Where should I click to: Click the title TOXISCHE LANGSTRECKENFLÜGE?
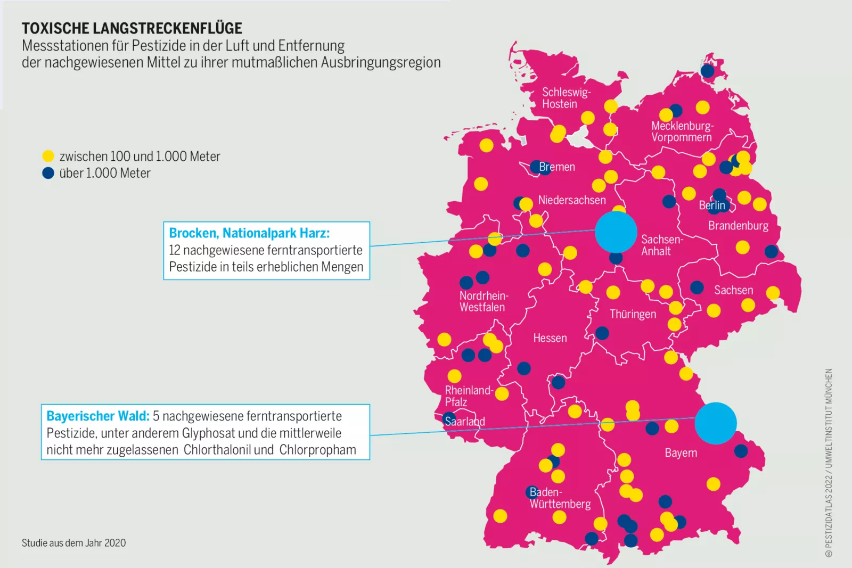[x=132, y=28]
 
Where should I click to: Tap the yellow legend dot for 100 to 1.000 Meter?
[x=48, y=156]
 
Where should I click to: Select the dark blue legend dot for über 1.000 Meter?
[x=48, y=173]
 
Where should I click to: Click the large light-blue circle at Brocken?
[x=616, y=232]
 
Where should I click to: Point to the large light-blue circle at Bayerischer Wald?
[x=716, y=423]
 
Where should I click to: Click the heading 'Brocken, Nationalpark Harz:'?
[x=249, y=233]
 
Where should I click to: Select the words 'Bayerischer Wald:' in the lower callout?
[x=97, y=416]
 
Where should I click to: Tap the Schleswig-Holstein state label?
[x=566, y=98]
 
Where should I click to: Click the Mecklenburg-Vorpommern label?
[x=682, y=131]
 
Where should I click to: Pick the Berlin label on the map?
[x=712, y=205]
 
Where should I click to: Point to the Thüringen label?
[x=633, y=314]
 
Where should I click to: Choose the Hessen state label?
[x=550, y=338]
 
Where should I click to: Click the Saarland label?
[x=465, y=422]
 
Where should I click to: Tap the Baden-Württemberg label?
[x=560, y=498]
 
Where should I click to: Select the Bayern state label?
[x=681, y=453]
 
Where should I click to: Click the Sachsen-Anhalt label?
[x=661, y=245]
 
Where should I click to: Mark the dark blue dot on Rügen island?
[x=707, y=71]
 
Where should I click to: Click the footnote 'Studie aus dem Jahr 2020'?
[x=73, y=543]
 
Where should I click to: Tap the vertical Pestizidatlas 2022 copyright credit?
[x=828, y=463]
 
